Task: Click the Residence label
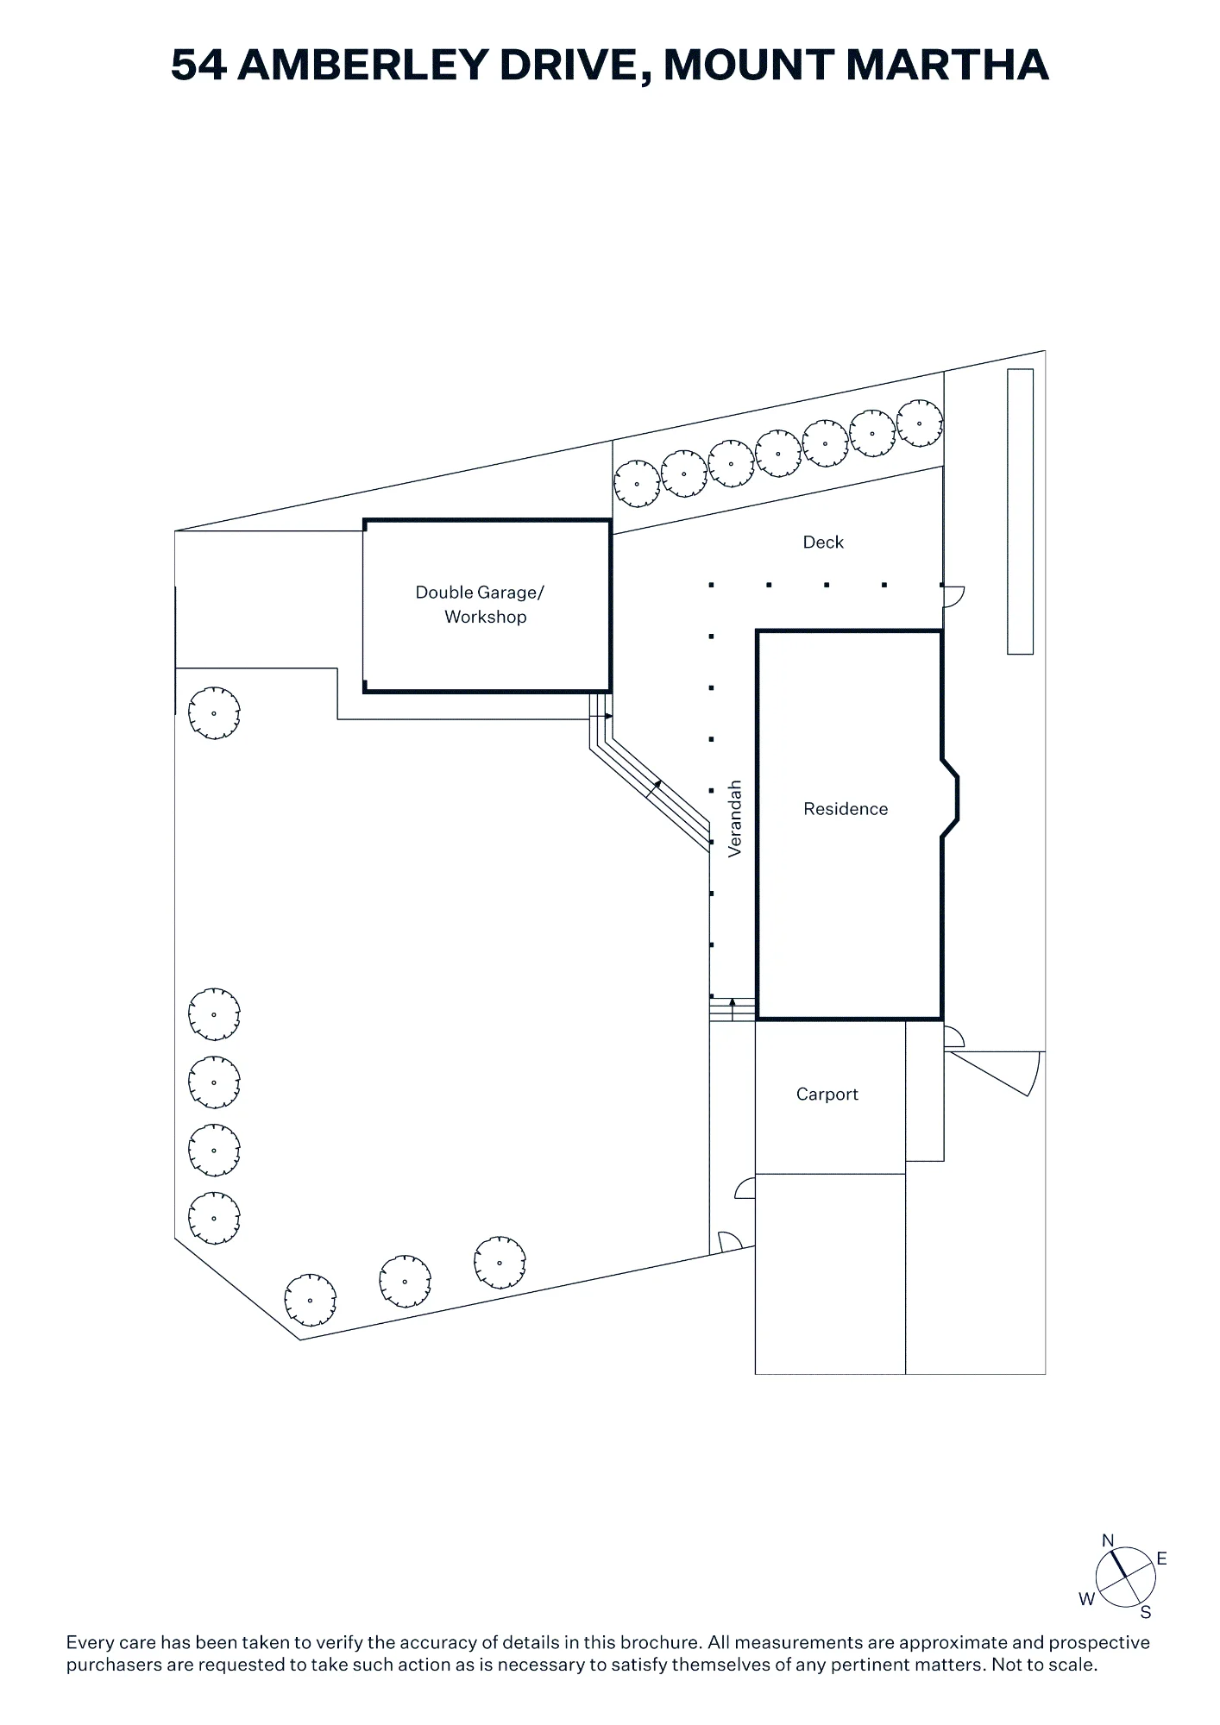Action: coord(846,809)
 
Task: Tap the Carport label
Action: coord(827,1095)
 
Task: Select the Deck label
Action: coord(823,543)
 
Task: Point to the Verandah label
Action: coord(735,819)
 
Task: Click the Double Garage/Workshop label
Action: coord(481,605)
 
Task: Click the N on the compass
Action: coord(1108,1541)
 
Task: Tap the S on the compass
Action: coord(1146,1613)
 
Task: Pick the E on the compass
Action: coord(1162,1559)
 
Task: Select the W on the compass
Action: coord(1086,1599)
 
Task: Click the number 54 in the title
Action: coord(198,66)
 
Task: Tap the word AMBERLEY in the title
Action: coord(362,66)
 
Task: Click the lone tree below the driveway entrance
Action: coord(214,713)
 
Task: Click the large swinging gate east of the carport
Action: coord(994,1073)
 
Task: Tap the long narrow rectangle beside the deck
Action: coord(1021,511)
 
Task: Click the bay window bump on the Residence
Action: coord(950,798)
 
